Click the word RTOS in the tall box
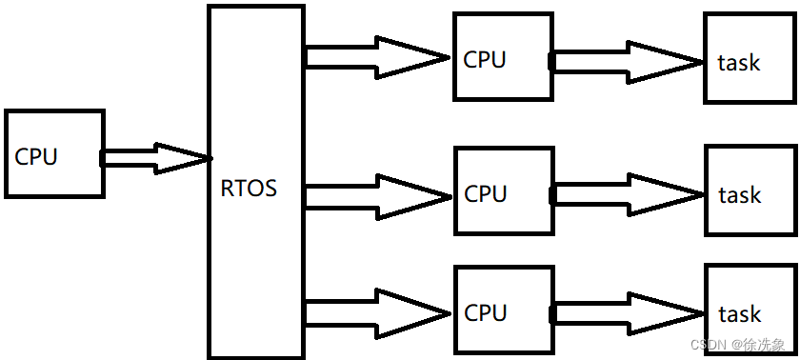(x=249, y=189)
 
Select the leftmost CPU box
(x=54, y=153)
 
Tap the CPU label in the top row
(x=485, y=59)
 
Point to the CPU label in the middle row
(x=485, y=194)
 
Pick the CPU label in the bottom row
(x=485, y=312)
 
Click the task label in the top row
(x=739, y=63)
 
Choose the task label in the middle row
(x=740, y=195)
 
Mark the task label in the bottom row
(x=740, y=314)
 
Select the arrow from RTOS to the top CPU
(x=377, y=58)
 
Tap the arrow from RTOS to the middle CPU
(x=377, y=195)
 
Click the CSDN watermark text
(x=738, y=344)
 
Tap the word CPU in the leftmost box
(x=36, y=157)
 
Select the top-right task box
(x=748, y=58)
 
